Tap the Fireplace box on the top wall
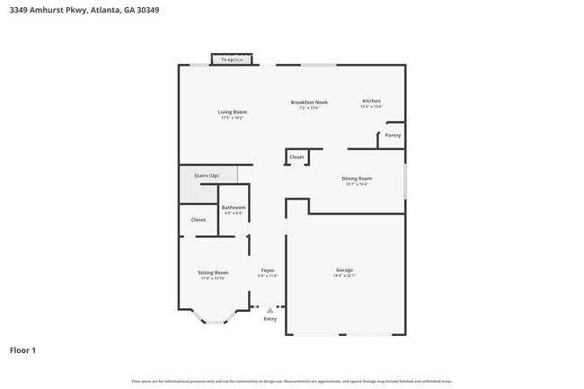tap(233, 60)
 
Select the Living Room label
tap(232, 112)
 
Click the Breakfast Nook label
tap(309, 102)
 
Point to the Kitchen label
tap(371, 101)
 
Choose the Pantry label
tap(393, 136)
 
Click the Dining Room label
tap(357, 179)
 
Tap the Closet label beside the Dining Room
tap(296, 157)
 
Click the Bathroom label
tap(234, 208)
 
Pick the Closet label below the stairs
tap(198, 219)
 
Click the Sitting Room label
tap(213, 272)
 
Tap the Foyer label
tap(268, 270)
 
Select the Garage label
tap(344, 270)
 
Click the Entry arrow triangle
tap(270, 310)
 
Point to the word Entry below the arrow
tap(270, 319)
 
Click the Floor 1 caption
tap(23, 349)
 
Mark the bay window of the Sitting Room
tap(213, 320)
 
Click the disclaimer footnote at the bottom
tap(292, 381)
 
